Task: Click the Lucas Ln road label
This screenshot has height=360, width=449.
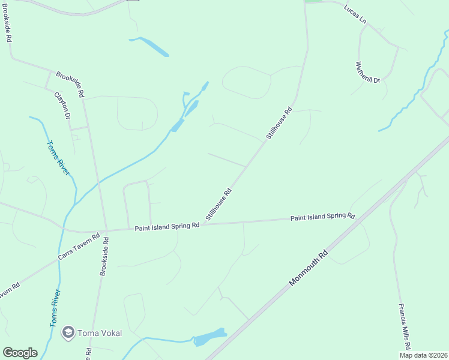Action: tap(355, 14)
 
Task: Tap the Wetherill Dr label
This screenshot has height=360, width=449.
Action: tap(367, 72)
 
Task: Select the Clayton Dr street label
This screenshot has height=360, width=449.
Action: tap(62, 106)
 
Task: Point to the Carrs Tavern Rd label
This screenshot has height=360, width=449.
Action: tap(77, 247)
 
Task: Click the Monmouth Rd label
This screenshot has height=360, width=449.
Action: tap(310, 267)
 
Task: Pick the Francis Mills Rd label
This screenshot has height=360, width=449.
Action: tap(404, 325)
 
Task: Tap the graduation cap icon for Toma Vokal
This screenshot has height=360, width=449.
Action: tap(68, 332)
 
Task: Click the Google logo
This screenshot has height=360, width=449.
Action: tap(20, 353)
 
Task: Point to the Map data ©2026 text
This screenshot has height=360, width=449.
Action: tap(423, 355)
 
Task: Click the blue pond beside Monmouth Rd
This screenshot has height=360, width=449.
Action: tap(209, 338)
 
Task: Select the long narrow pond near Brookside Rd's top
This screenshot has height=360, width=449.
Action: tap(149, 46)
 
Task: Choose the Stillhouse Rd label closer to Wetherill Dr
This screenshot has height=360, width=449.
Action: tap(279, 123)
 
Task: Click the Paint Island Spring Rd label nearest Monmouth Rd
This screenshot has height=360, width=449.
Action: tap(323, 217)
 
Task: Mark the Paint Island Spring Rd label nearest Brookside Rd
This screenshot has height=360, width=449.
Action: tap(167, 227)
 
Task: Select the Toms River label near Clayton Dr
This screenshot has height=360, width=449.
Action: tap(58, 158)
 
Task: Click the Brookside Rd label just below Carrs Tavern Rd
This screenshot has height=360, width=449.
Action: tap(104, 256)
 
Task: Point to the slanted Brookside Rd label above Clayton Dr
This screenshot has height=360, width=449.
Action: tap(70, 84)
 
